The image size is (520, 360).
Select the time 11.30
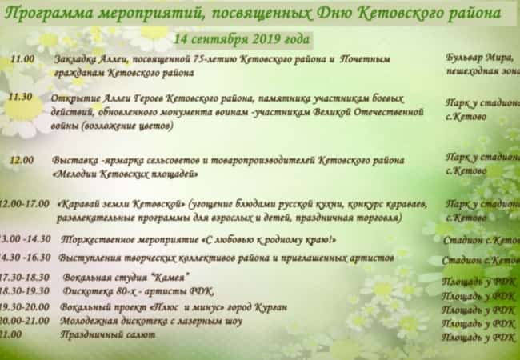pyautogui.click(x=20, y=97)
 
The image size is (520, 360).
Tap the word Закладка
pyautogui.click(x=75, y=60)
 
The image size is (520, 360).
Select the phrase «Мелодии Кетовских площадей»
pyautogui.click(x=126, y=174)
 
